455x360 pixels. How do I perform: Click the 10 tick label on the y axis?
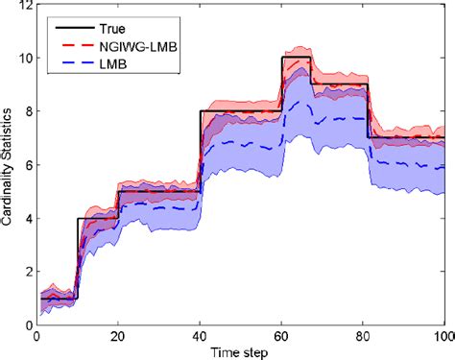(x=20, y=59)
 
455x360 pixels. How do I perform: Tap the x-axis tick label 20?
(x=117, y=336)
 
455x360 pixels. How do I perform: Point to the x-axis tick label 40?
(x=199, y=336)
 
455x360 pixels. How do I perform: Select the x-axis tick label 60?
(x=280, y=336)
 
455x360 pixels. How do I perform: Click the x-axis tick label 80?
(x=362, y=336)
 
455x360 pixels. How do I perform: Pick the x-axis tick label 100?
(x=442, y=336)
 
